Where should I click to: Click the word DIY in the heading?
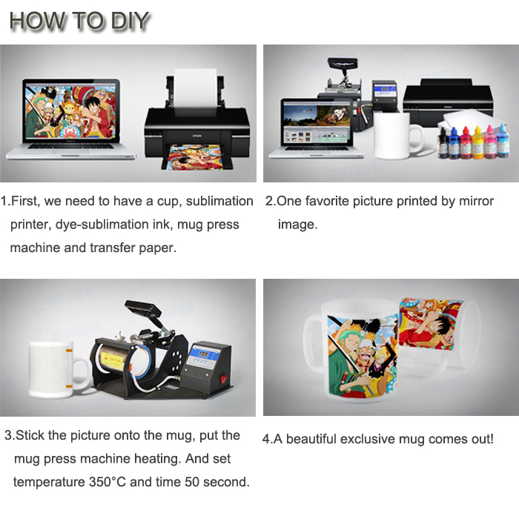pyautogui.click(x=130, y=21)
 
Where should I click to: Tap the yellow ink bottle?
pyautogui.click(x=477, y=142)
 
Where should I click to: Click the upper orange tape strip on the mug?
pyautogui.click(x=69, y=351)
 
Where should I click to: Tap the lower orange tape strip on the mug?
pyautogui.click(x=69, y=386)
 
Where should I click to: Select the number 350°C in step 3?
pyautogui.click(x=108, y=482)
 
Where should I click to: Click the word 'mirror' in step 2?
pyautogui.click(x=476, y=201)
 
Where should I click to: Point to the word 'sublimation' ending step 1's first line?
pyautogui.click(x=219, y=201)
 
